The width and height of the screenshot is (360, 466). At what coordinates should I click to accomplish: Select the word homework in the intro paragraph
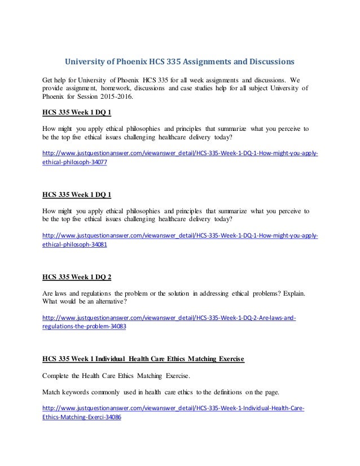[121, 87]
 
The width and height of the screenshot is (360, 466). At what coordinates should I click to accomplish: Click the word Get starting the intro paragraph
[50, 78]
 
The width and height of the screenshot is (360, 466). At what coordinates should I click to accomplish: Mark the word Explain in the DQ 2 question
[289, 294]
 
